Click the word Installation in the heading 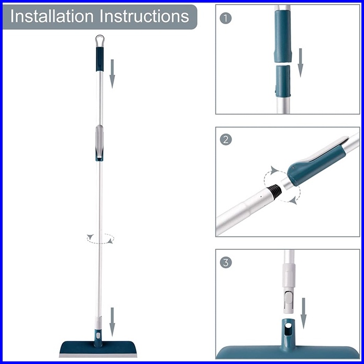tap(52, 16)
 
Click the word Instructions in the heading tap(145, 16)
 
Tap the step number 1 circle tap(225, 18)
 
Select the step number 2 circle tap(225, 140)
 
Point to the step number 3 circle tap(225, 262)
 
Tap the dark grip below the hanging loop tap(100, 59)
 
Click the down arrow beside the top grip tap(113, 74)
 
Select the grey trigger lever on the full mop tap(100, 141)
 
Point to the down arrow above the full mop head tap(113, 322)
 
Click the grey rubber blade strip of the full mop tap(98, 356)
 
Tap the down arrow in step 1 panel tap(301, 63)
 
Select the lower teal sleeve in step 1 tap(283, 81)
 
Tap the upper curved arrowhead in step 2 tap(274, 170)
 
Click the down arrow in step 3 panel tap(303, 313)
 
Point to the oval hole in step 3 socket tap(288, 326)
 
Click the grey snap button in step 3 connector tap(288, 298)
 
